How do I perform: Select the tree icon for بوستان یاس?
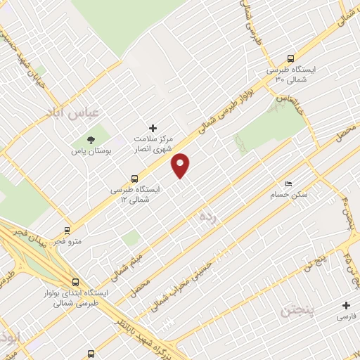point(91,139)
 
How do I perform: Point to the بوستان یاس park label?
point(88,150)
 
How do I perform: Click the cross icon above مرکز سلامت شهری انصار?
point(153,127)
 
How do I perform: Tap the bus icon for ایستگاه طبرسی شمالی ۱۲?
point(134,179)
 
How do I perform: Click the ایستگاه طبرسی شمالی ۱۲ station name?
point(136,194)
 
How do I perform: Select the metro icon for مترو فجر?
point(67,230)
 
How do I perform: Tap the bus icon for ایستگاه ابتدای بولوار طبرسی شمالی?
point(75,283)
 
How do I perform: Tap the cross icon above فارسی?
point(345,305)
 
